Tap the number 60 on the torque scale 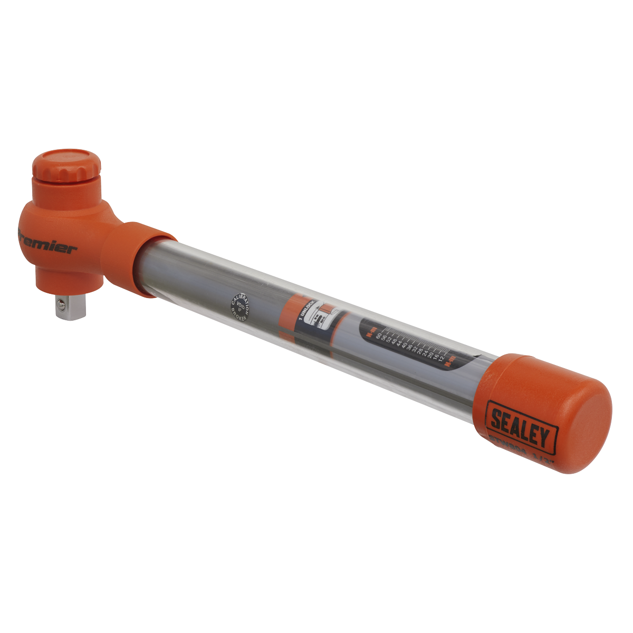[x=378, y=337]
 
